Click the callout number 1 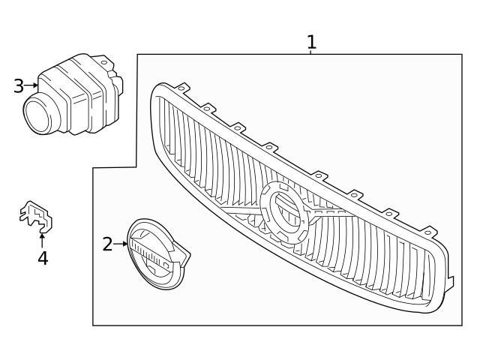click(x=311, y=42)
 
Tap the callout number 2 click(x=108, y=244)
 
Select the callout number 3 click(x=19, y=86)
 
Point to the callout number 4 click(x=43, y=259)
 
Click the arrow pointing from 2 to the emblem click(x=121, y=244)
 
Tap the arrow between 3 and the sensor click(x=31, y=85)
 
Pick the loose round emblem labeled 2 click(x=155, y=253)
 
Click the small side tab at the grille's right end click(x=451, y=283)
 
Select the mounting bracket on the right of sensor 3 click(x=114, y=77)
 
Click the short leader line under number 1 click(x=311, y=52)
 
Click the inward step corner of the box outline click(x=136, y=168)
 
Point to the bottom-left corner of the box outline click(x=93, y=325)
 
